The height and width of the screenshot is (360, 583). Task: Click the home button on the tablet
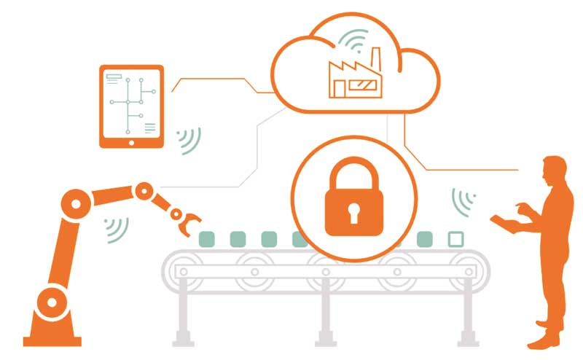click(x=132, y=142)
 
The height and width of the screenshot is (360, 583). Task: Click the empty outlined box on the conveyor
click(x=456, y=238)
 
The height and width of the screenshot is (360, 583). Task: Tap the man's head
click(x=554, y=168)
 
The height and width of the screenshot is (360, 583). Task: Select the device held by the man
click(x=504, y=221)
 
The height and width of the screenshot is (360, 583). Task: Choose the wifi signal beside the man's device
click(x=463, y=201)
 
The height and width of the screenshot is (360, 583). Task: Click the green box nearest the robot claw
click(x=207, y=238)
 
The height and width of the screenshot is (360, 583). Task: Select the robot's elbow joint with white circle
click(x=144, y=191)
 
